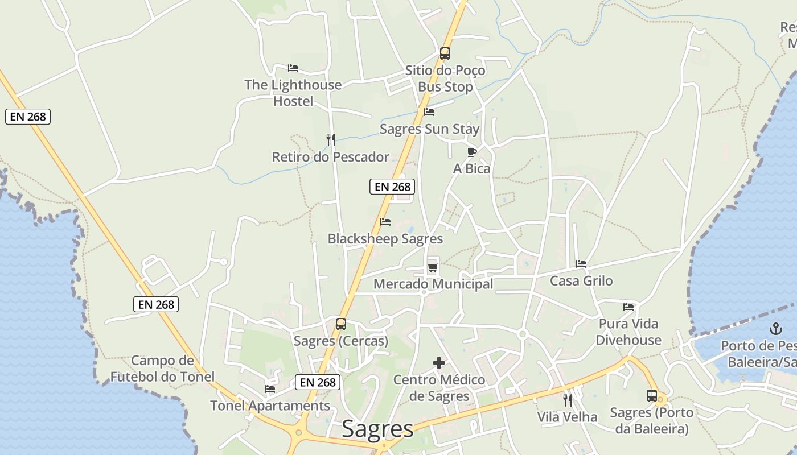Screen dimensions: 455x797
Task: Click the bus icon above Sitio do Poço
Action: [445, 53]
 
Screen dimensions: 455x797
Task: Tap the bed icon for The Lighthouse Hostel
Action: [293, 68]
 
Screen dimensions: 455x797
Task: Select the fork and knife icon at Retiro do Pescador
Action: [330, 139]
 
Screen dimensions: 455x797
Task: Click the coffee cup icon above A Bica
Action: [471, 152]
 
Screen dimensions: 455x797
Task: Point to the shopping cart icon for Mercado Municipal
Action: [433, 267]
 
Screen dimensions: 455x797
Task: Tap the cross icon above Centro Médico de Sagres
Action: [439, 362]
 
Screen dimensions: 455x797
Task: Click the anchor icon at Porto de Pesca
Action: [775, 328]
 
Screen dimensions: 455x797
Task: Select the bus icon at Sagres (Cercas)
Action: [341, 324]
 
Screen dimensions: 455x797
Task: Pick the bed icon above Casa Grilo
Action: [581, 264]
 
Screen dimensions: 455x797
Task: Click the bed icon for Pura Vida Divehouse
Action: [628, 307]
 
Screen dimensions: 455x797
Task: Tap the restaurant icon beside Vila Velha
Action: [568, 400]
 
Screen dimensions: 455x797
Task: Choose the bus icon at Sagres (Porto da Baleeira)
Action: [652, 396]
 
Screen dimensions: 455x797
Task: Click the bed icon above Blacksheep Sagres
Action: [385, 222]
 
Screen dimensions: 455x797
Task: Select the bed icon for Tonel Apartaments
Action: [270, 389]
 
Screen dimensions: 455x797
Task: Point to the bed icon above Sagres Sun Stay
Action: [429, 112]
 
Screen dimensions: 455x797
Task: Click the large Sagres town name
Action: [377, 429]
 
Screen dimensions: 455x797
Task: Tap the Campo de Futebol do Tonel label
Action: [162, 368]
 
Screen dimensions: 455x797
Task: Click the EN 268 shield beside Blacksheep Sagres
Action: [392, 186]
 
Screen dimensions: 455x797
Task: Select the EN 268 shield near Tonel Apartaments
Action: [318, 382]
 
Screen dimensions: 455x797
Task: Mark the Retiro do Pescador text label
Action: [330, 157]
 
